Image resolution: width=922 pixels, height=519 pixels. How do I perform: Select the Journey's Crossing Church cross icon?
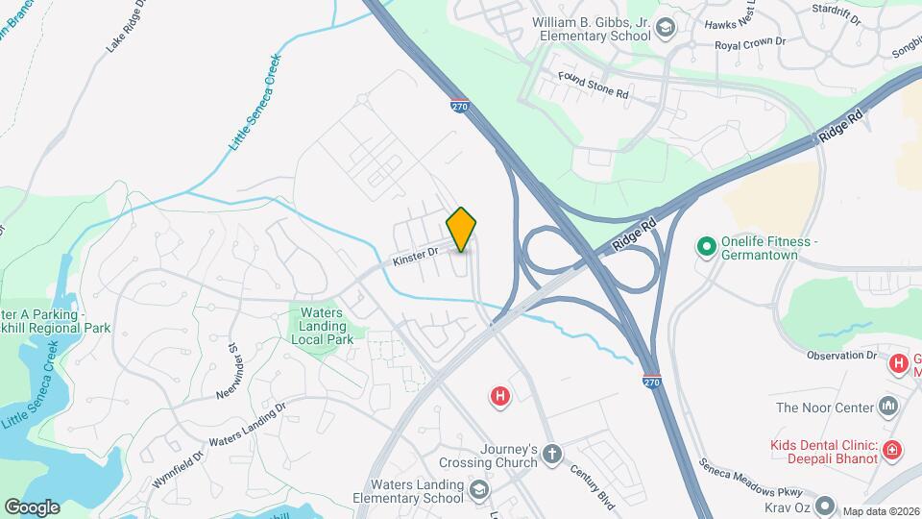(552, 454)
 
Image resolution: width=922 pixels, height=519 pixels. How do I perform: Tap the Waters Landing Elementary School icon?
(478, 491)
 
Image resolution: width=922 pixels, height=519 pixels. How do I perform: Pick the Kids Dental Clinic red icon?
(892, 449)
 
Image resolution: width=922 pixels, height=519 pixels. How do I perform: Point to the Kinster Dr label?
(414, 256)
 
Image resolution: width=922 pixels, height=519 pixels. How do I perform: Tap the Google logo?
(32, 507)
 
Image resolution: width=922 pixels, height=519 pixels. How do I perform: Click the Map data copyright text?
(882, 510)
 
